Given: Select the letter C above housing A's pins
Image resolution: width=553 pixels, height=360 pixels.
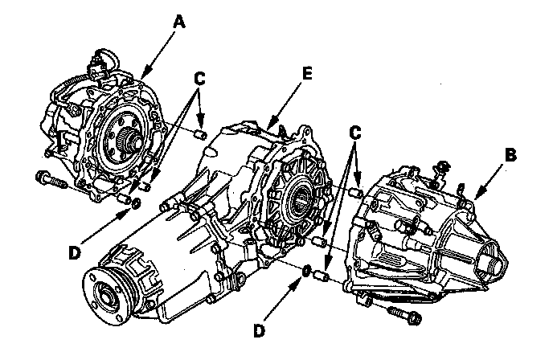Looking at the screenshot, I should click(x=200, y=80).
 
